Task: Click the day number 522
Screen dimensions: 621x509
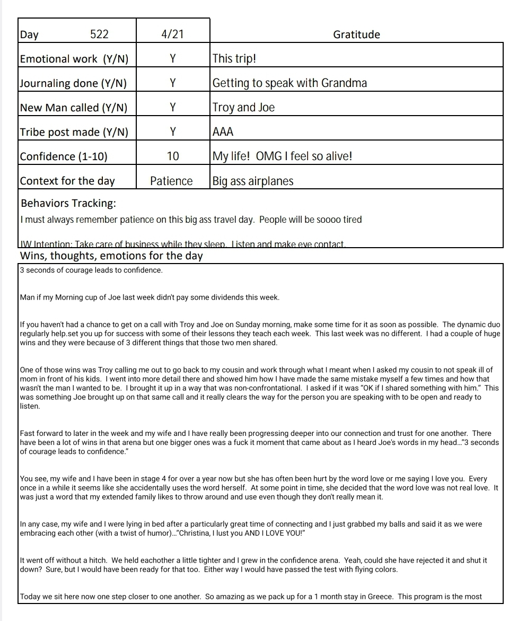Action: pyautogui.click(x=99, y=34)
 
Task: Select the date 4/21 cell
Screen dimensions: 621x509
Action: pyautogui.click(x=172, y=34)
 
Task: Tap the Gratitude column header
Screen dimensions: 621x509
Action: pyautogui.click(x=356, y=34)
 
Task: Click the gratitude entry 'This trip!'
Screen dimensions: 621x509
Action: pyautogui.click(x=234, y=58)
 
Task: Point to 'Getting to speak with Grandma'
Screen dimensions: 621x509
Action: pyautogui.click(x=289, y=83)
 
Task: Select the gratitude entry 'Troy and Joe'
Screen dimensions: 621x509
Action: pyautogui.click(x=243, y=107)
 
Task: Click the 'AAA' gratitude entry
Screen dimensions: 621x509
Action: pyautogui.click(x=223, y=132)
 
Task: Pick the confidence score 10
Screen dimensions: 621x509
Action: pyautogui.click(x=173, y=156)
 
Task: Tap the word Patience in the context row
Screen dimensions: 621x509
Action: pyautogui.click(x=171, y=181)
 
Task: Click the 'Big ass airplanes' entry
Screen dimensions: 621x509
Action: pyautogui.click(x=252, y=181)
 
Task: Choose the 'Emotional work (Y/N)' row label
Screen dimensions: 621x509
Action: pyautogui.click(x=74, y=59)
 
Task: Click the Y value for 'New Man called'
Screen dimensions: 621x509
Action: pyautogui.click(x=172, y=108)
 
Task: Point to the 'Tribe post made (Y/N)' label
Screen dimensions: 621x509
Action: pyautogui.click(x=74, y=132)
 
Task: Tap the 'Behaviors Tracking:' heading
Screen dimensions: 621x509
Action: pyautogui.click(x=68, y=203)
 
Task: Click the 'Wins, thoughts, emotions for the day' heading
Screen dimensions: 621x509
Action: pyautogui.click(x=111, y=256)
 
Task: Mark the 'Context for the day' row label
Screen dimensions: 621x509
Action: pyautogui.click(x=67, y=181)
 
